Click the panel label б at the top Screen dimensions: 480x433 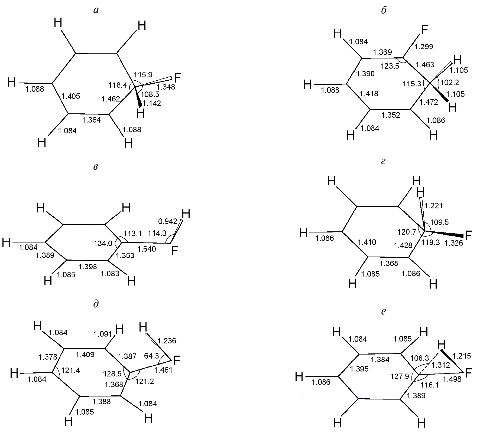click(383, 10)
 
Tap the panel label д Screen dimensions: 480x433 click(96, 304)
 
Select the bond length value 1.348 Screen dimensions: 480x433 click(166, 87)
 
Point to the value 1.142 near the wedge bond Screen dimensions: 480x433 click(152, 103)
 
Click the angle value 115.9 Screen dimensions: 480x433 click(143, 74)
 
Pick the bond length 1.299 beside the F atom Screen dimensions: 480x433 click(424, 47)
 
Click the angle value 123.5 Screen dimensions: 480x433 click(390, 66)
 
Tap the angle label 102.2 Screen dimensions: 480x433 click(450, 82)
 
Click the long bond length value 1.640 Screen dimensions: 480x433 click(147, 249)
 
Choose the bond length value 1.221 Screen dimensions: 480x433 click(434, 206)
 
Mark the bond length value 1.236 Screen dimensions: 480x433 click(167, 341)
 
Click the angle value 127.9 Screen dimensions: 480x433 click(400, 376)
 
